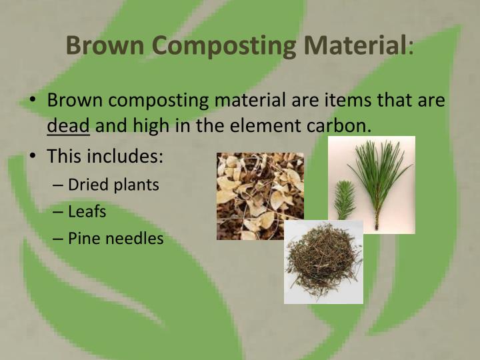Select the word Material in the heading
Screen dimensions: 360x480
355,45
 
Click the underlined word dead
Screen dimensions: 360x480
68,125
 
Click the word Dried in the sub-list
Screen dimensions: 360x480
87,185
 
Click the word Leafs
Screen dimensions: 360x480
87,211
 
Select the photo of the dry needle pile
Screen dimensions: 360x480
323,263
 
